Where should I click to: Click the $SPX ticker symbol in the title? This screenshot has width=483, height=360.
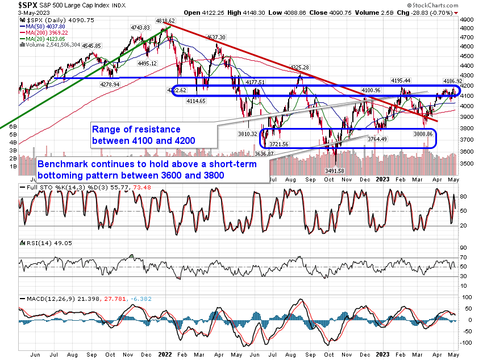click(x=13, y=5)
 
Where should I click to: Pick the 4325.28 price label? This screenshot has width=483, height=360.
click(x=299, y=68)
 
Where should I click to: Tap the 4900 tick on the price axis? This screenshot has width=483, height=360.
click(x=467, y=19)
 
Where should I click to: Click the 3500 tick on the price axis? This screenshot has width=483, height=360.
click(x=467, y=163)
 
